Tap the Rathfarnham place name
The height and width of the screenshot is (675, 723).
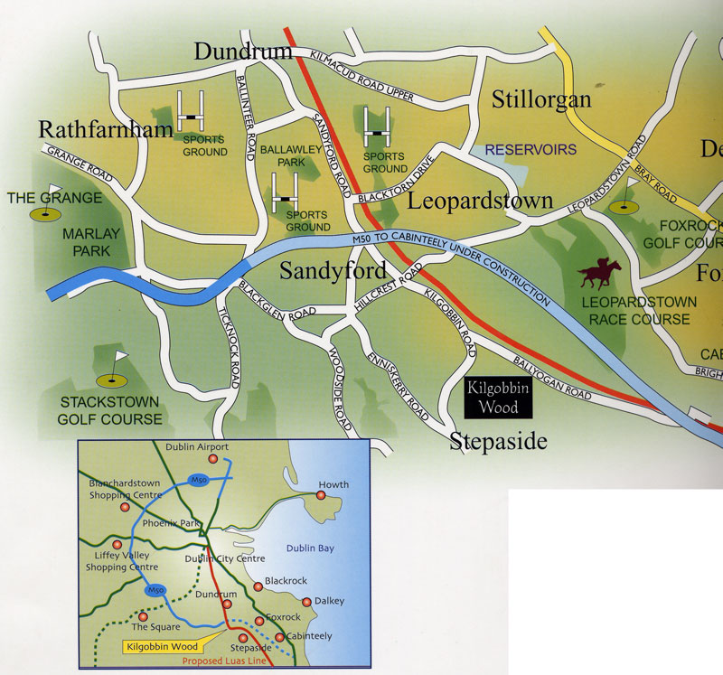tap(106, 129)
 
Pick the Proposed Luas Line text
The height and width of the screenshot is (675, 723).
tap(227, 661)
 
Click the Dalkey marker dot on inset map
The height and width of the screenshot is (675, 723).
tap(306, 602)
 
